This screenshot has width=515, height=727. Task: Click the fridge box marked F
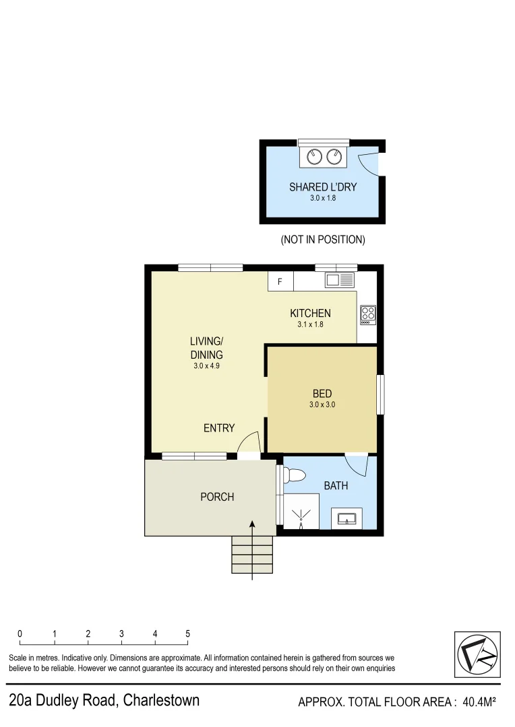(280, 281)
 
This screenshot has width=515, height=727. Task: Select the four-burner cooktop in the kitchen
(368, 314)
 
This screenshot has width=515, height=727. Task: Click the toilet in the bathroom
(294, 475)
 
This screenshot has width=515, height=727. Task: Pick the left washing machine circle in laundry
(315, 157)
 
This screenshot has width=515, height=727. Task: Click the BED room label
(322, 394)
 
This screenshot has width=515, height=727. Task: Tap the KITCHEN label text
(310, 313)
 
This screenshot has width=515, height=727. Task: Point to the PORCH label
(217, 497)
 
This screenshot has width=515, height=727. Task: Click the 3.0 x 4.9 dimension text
(206, 367)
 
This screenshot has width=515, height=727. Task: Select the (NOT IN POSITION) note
(323, 240)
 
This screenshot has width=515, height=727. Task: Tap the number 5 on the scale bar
(187, 633)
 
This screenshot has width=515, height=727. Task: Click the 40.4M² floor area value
(479, 703)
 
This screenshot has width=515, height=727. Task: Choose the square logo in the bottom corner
(477, 654)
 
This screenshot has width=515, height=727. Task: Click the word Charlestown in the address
(161, 700)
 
